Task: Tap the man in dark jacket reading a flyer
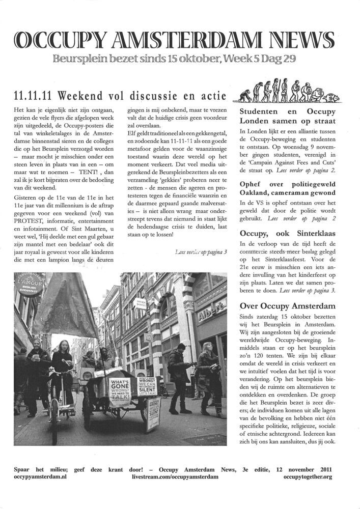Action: [x=180, y=377]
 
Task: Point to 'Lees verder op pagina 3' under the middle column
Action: [x=200, y=251]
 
